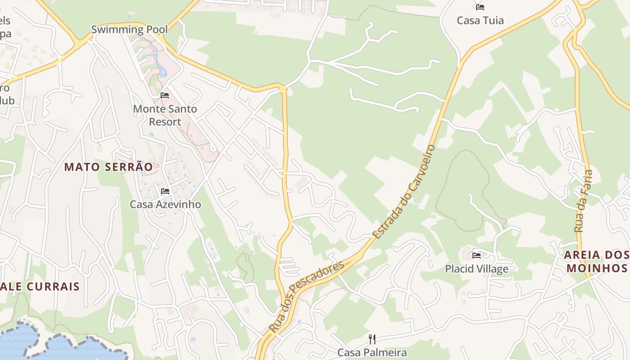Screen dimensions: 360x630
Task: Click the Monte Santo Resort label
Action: [x=165, y=115]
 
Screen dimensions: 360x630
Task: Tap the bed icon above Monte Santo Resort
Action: [x=165, y=95]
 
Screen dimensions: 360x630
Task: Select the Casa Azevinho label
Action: [x=165, y=204]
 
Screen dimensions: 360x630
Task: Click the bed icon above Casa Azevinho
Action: [x=165, y=191]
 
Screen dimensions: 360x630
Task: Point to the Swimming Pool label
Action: [x=129, y=30]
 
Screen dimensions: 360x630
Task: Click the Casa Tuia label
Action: [x=480, y=20]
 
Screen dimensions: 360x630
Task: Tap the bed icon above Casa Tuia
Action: [x=480, y=7]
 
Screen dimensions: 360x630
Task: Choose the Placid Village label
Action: [x=477, y=269]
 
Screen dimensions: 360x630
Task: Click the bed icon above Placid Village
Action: [x=477, y=256]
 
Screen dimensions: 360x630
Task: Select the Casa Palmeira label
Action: [x=372, y=352]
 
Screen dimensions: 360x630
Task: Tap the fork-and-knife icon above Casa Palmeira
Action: [x=372, y=339]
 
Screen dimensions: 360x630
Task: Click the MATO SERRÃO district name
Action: [x=108, y=167]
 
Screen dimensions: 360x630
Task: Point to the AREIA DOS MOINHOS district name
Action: [x=596, y=261]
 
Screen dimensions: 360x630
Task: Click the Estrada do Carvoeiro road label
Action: [x=404, y=192]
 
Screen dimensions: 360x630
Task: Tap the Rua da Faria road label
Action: [x=583, y=201]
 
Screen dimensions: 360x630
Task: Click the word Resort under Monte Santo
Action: [x=165, y=122]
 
